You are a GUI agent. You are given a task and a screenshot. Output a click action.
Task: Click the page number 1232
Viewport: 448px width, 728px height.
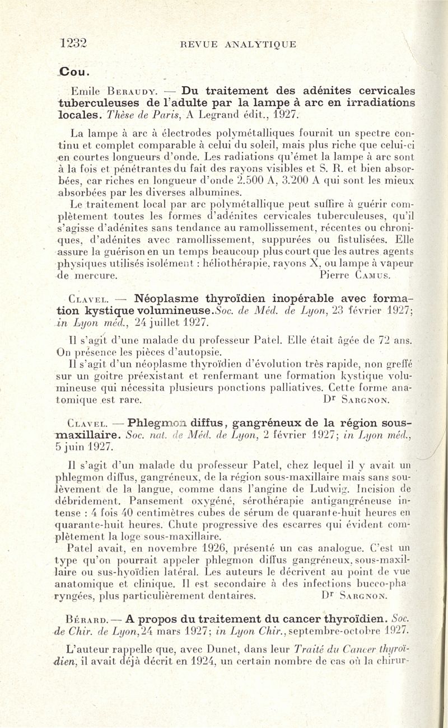[x=77, y=44]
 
